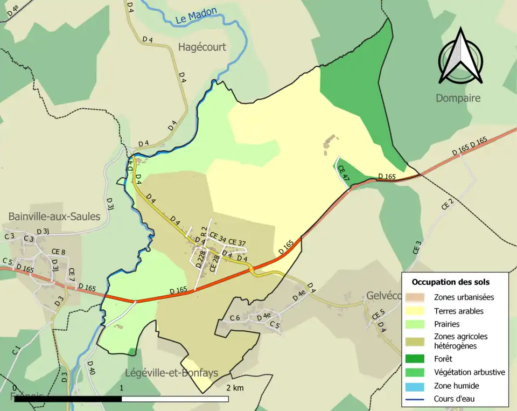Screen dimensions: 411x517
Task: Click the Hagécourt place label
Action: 202,47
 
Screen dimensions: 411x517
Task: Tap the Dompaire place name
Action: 458,99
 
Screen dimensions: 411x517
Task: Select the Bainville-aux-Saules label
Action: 54,217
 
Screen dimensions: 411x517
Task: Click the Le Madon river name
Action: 197,17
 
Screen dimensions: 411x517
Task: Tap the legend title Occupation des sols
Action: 451,282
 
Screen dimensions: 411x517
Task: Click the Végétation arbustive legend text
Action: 469,372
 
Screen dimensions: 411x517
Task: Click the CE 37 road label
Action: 237,242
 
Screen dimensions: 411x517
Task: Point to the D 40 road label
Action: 91,368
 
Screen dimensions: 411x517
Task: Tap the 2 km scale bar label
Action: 235,388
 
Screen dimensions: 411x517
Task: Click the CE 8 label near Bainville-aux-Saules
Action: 58,252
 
